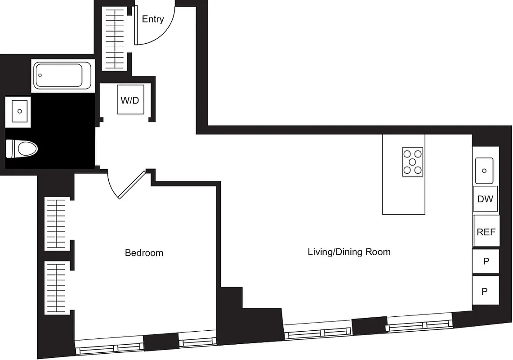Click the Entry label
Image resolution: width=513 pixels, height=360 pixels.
(x=153, y=19)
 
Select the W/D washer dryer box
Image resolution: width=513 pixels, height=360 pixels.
(x=130, y=100)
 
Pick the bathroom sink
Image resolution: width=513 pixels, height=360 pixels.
(x=19, y=109)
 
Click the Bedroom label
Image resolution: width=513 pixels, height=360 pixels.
(x=144, y=253)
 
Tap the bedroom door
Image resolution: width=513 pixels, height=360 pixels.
(x=130, y=184)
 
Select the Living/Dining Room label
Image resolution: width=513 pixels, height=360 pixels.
(x=349, y=252)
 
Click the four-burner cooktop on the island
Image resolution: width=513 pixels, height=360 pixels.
(x=412, y=162)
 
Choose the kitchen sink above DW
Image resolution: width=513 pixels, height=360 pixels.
(x=484, y=171)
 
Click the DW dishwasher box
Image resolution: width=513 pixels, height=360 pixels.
(x=485, y=199)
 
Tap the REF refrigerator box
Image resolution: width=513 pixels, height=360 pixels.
(x=486, y=232)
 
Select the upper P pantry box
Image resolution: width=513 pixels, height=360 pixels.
(x=486, y=261)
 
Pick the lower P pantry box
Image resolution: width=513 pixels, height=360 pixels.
(x=485, y=291)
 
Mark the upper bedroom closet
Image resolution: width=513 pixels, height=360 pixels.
(x=57, y=223)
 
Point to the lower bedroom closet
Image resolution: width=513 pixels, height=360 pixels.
(x=57, y=288)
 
